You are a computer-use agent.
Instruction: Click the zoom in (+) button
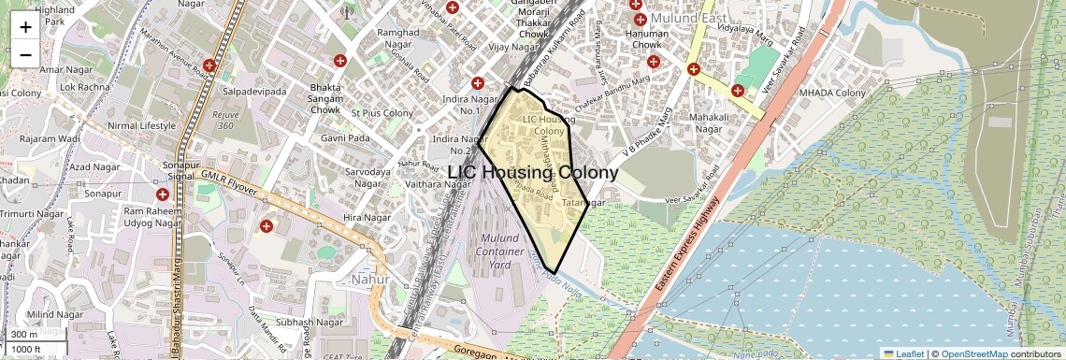tap(25, 27)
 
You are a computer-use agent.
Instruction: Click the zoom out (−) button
tap(25, 55)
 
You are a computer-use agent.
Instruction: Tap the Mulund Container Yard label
tap(505, 252)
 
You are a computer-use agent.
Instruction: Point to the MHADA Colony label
tap(832, 93)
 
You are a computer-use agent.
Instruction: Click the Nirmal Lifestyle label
tap(142, 125)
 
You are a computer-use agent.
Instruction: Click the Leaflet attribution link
tap(903, 353)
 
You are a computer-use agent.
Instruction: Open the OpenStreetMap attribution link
tap(973, 353)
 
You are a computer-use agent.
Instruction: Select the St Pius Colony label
tap(382, 113)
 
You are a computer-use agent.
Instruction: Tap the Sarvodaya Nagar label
tap(367, 179)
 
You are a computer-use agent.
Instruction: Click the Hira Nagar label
tap(365, 217)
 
